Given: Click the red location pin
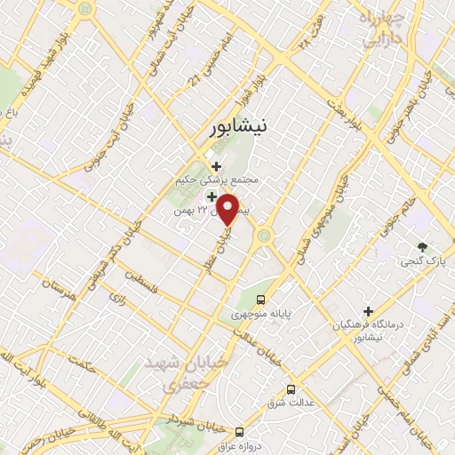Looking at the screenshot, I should (229, 208).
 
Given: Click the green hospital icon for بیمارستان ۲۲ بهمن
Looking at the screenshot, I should (212, 196).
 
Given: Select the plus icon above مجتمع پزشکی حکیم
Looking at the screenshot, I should (217, 164).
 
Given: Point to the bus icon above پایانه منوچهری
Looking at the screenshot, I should (260, 299).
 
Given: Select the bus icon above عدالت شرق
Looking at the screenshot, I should (291, 388).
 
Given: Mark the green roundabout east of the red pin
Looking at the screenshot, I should (264, 235).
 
